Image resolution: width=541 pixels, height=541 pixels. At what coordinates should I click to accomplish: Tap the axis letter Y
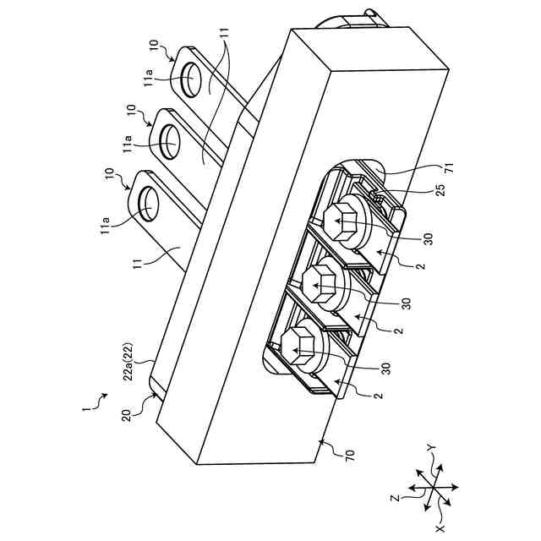tap(430, 449)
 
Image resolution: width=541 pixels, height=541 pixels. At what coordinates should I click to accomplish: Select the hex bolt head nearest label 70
tap(295, 344)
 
